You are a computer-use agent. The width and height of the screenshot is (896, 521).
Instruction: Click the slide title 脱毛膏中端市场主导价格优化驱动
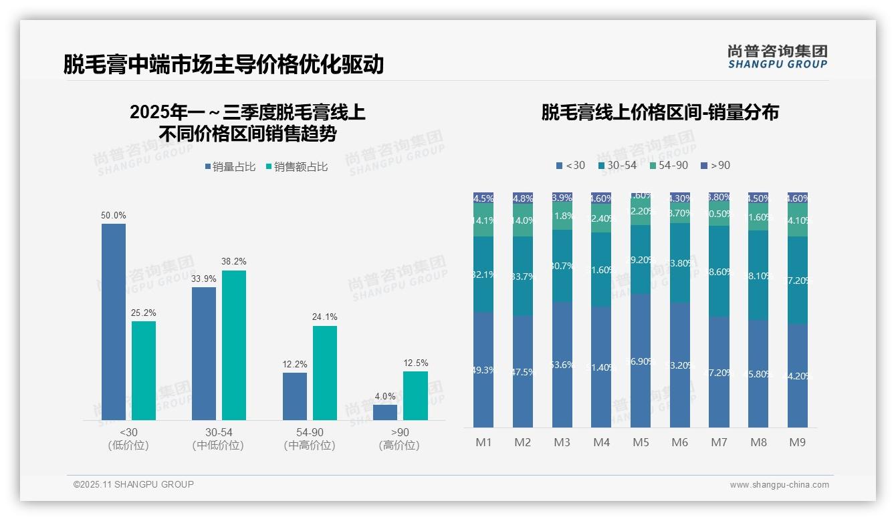[x=223, y=64]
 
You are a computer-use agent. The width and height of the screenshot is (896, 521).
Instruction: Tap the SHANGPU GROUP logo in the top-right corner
[x=777, y=57]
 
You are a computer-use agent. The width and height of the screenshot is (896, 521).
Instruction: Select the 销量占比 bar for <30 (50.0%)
[x=114, y=321]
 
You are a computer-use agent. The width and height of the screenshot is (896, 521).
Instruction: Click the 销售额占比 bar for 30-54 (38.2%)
[x=234, y=345]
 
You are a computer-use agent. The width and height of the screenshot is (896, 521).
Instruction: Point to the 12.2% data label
[x=295, y=364]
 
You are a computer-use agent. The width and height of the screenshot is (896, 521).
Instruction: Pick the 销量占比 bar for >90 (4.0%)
[x=385, y=412]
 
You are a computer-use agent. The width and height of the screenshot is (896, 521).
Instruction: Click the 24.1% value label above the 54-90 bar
[x=325, y=317]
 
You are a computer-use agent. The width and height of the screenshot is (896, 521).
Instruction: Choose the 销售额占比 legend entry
[x=297, y=167]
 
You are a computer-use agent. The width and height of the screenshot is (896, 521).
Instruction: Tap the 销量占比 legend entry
[x=230, y=167]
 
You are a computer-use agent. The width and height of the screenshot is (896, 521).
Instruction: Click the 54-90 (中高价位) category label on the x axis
[x=309, y=439]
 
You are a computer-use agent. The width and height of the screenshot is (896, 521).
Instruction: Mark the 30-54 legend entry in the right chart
[x=617, y=165]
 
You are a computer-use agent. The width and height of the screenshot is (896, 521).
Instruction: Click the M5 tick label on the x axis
[x=641, y=442]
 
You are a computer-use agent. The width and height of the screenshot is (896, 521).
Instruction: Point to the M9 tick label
[x=797, y=442]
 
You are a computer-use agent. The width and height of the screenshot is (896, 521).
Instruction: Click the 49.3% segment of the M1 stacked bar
[x=483, y=369]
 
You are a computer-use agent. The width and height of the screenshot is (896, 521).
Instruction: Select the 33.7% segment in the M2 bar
[x=523, y=276]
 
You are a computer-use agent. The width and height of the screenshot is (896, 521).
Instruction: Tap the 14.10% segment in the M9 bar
[x=797, y=220]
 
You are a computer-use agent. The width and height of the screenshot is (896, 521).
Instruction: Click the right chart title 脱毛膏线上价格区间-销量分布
[x=660, y=112]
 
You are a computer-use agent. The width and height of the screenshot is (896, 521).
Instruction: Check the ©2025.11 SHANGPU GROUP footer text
[x=134, y=484]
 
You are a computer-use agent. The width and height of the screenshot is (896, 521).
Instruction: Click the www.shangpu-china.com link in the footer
[x=779, y=485]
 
